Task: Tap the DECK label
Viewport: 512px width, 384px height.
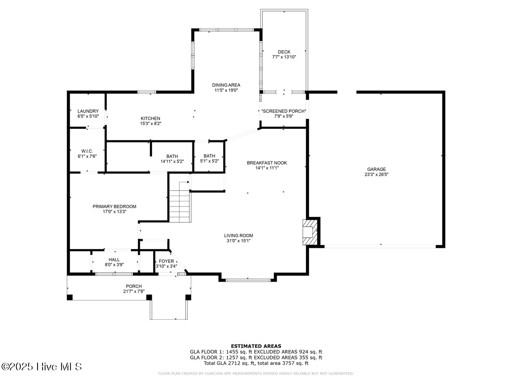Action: pos(284,52)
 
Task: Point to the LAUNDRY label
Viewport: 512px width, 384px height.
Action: pos(88,111)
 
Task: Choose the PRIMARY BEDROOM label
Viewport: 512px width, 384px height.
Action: pos(114,207)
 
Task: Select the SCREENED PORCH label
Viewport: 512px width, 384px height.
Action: pos(284,111)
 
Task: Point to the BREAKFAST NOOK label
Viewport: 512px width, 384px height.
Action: pos(267,163)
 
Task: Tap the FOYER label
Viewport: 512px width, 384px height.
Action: pos(166,261)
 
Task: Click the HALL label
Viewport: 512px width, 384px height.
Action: pos(114,259)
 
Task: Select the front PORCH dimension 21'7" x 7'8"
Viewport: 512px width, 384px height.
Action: pos(134,291)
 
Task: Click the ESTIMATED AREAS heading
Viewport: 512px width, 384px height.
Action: pos(256,346)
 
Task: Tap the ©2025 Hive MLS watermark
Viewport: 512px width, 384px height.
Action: pos(41,367)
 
